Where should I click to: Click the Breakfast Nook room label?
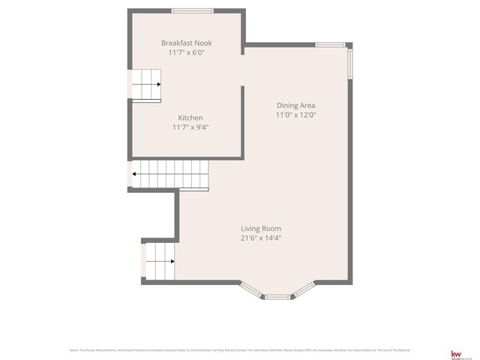click(186, 43)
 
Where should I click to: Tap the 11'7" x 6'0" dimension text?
click(186, 53)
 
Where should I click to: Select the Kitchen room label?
click(190, 118)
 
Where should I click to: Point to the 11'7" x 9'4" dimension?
click(190, 127)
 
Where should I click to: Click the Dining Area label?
click(295, 106)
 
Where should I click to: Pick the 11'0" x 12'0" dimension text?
click(295, 115)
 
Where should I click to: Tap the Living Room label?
click(261, 229)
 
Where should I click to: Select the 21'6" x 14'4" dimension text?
click(261, 238)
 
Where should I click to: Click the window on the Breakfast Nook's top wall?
click(190, 10)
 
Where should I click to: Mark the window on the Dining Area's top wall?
click(330, 45)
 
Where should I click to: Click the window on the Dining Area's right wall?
click(350, 64)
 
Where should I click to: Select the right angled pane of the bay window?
click(304, 289)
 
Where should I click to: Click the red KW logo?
click(454, 353)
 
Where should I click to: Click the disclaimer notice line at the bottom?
click(240, 350)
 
